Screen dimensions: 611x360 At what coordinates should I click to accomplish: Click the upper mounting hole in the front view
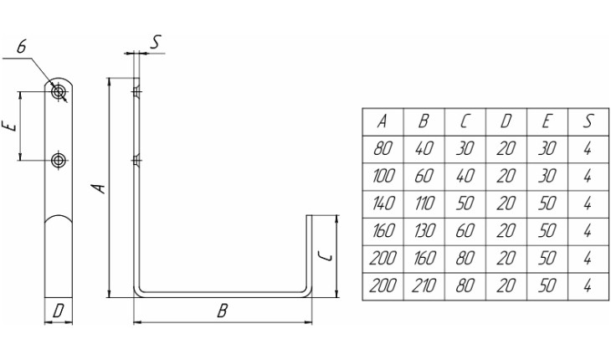coord(59,92)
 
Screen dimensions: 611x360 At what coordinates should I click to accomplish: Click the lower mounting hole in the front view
coord(59,160)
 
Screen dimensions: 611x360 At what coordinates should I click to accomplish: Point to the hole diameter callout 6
coord(22,47)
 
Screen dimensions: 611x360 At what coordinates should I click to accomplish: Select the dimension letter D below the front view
coord(59,311)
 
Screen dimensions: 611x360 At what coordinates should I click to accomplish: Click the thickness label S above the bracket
coord(156,42)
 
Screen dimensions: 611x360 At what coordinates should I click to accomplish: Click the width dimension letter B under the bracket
coord(222,311)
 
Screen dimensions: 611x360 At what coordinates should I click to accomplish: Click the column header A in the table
coord(383,121)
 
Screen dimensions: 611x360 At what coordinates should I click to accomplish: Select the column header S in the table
coord(588,121)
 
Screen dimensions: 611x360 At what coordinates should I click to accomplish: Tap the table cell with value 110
coord(424,203)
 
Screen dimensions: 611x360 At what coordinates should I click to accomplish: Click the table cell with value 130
coord(424,230)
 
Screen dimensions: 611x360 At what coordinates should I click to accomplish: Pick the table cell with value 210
coord(424,285)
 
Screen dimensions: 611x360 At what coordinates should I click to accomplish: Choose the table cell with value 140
coord(383,203)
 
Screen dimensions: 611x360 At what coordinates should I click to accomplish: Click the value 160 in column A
coord(383,230)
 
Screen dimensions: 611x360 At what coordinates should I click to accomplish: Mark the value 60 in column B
coord(424,176)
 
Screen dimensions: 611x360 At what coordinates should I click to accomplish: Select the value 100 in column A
coord(383,176)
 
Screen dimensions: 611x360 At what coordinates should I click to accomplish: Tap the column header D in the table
coord(506,121)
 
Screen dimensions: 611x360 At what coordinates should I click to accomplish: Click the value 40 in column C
coord(465,176)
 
